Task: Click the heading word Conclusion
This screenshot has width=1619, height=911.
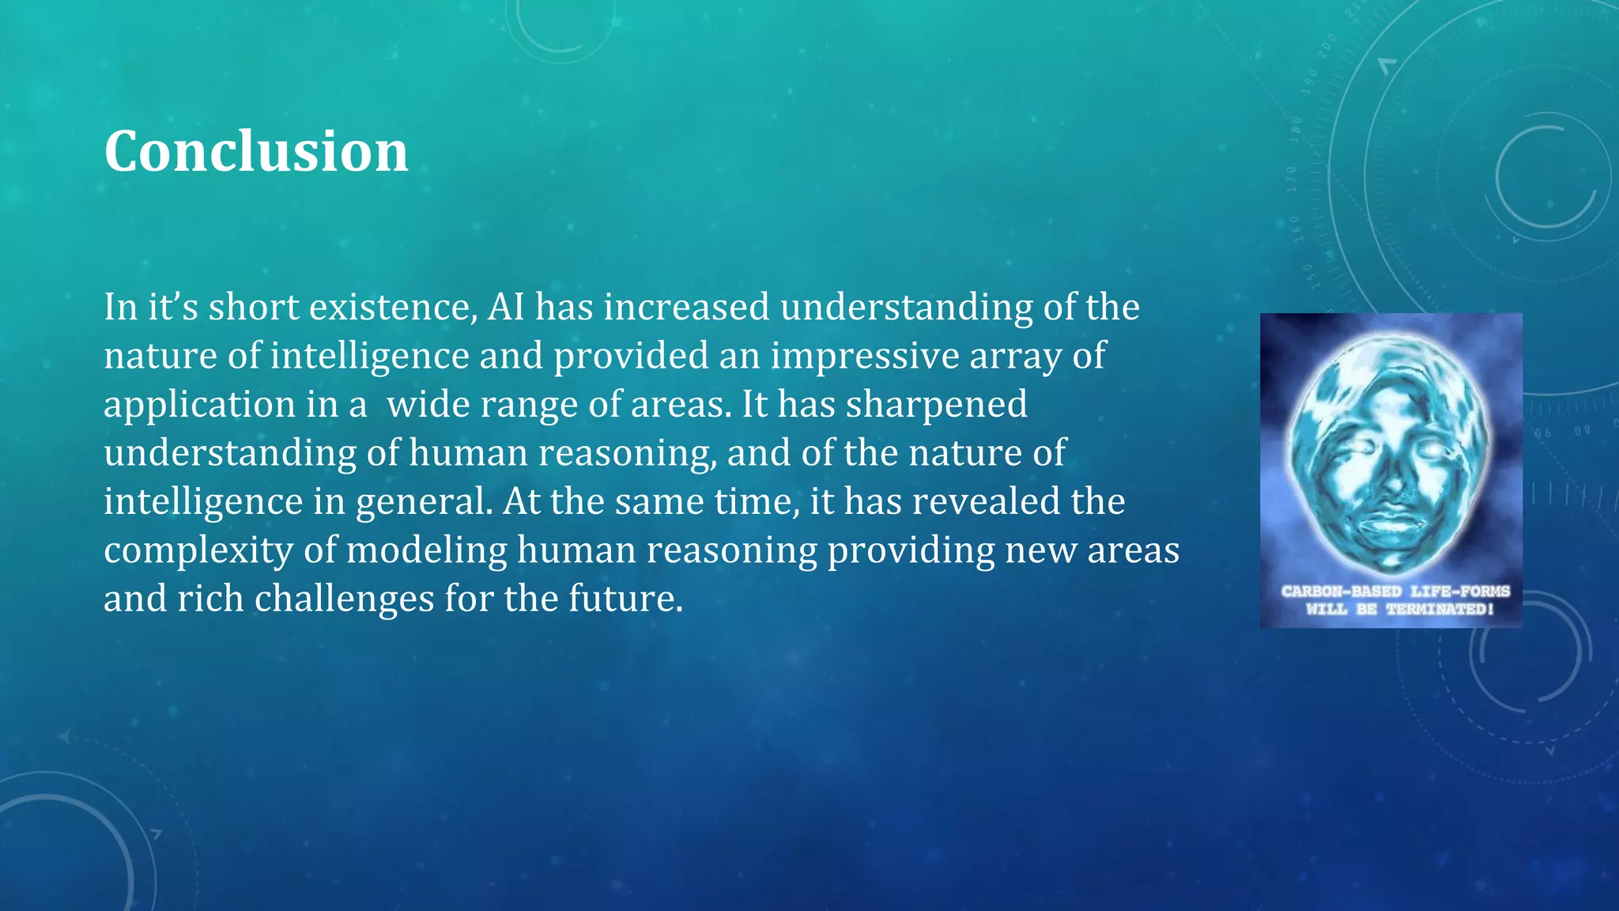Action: coord(256,151)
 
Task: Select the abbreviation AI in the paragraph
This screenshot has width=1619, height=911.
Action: coord(506,308)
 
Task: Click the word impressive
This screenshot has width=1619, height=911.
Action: coord(865,357)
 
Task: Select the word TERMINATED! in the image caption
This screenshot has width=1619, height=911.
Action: coord(1440,609)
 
